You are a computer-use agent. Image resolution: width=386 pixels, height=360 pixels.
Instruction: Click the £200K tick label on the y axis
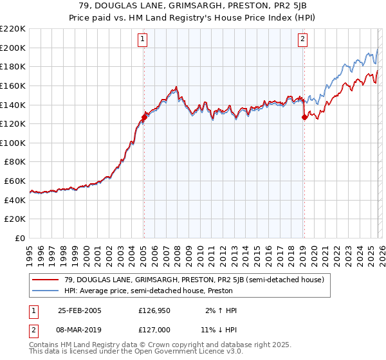pos(13,48)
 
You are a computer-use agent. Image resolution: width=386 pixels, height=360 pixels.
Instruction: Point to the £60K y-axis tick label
pos(15,181)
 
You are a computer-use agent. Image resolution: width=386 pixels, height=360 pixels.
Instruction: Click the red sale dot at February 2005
pos(144,117)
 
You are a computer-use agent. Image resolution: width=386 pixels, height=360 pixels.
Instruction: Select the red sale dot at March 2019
pos(304,117)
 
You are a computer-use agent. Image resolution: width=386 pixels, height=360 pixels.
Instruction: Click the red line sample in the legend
pos(46,280)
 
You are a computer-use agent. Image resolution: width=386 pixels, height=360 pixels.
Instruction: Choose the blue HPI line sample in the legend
pos(46,291)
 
